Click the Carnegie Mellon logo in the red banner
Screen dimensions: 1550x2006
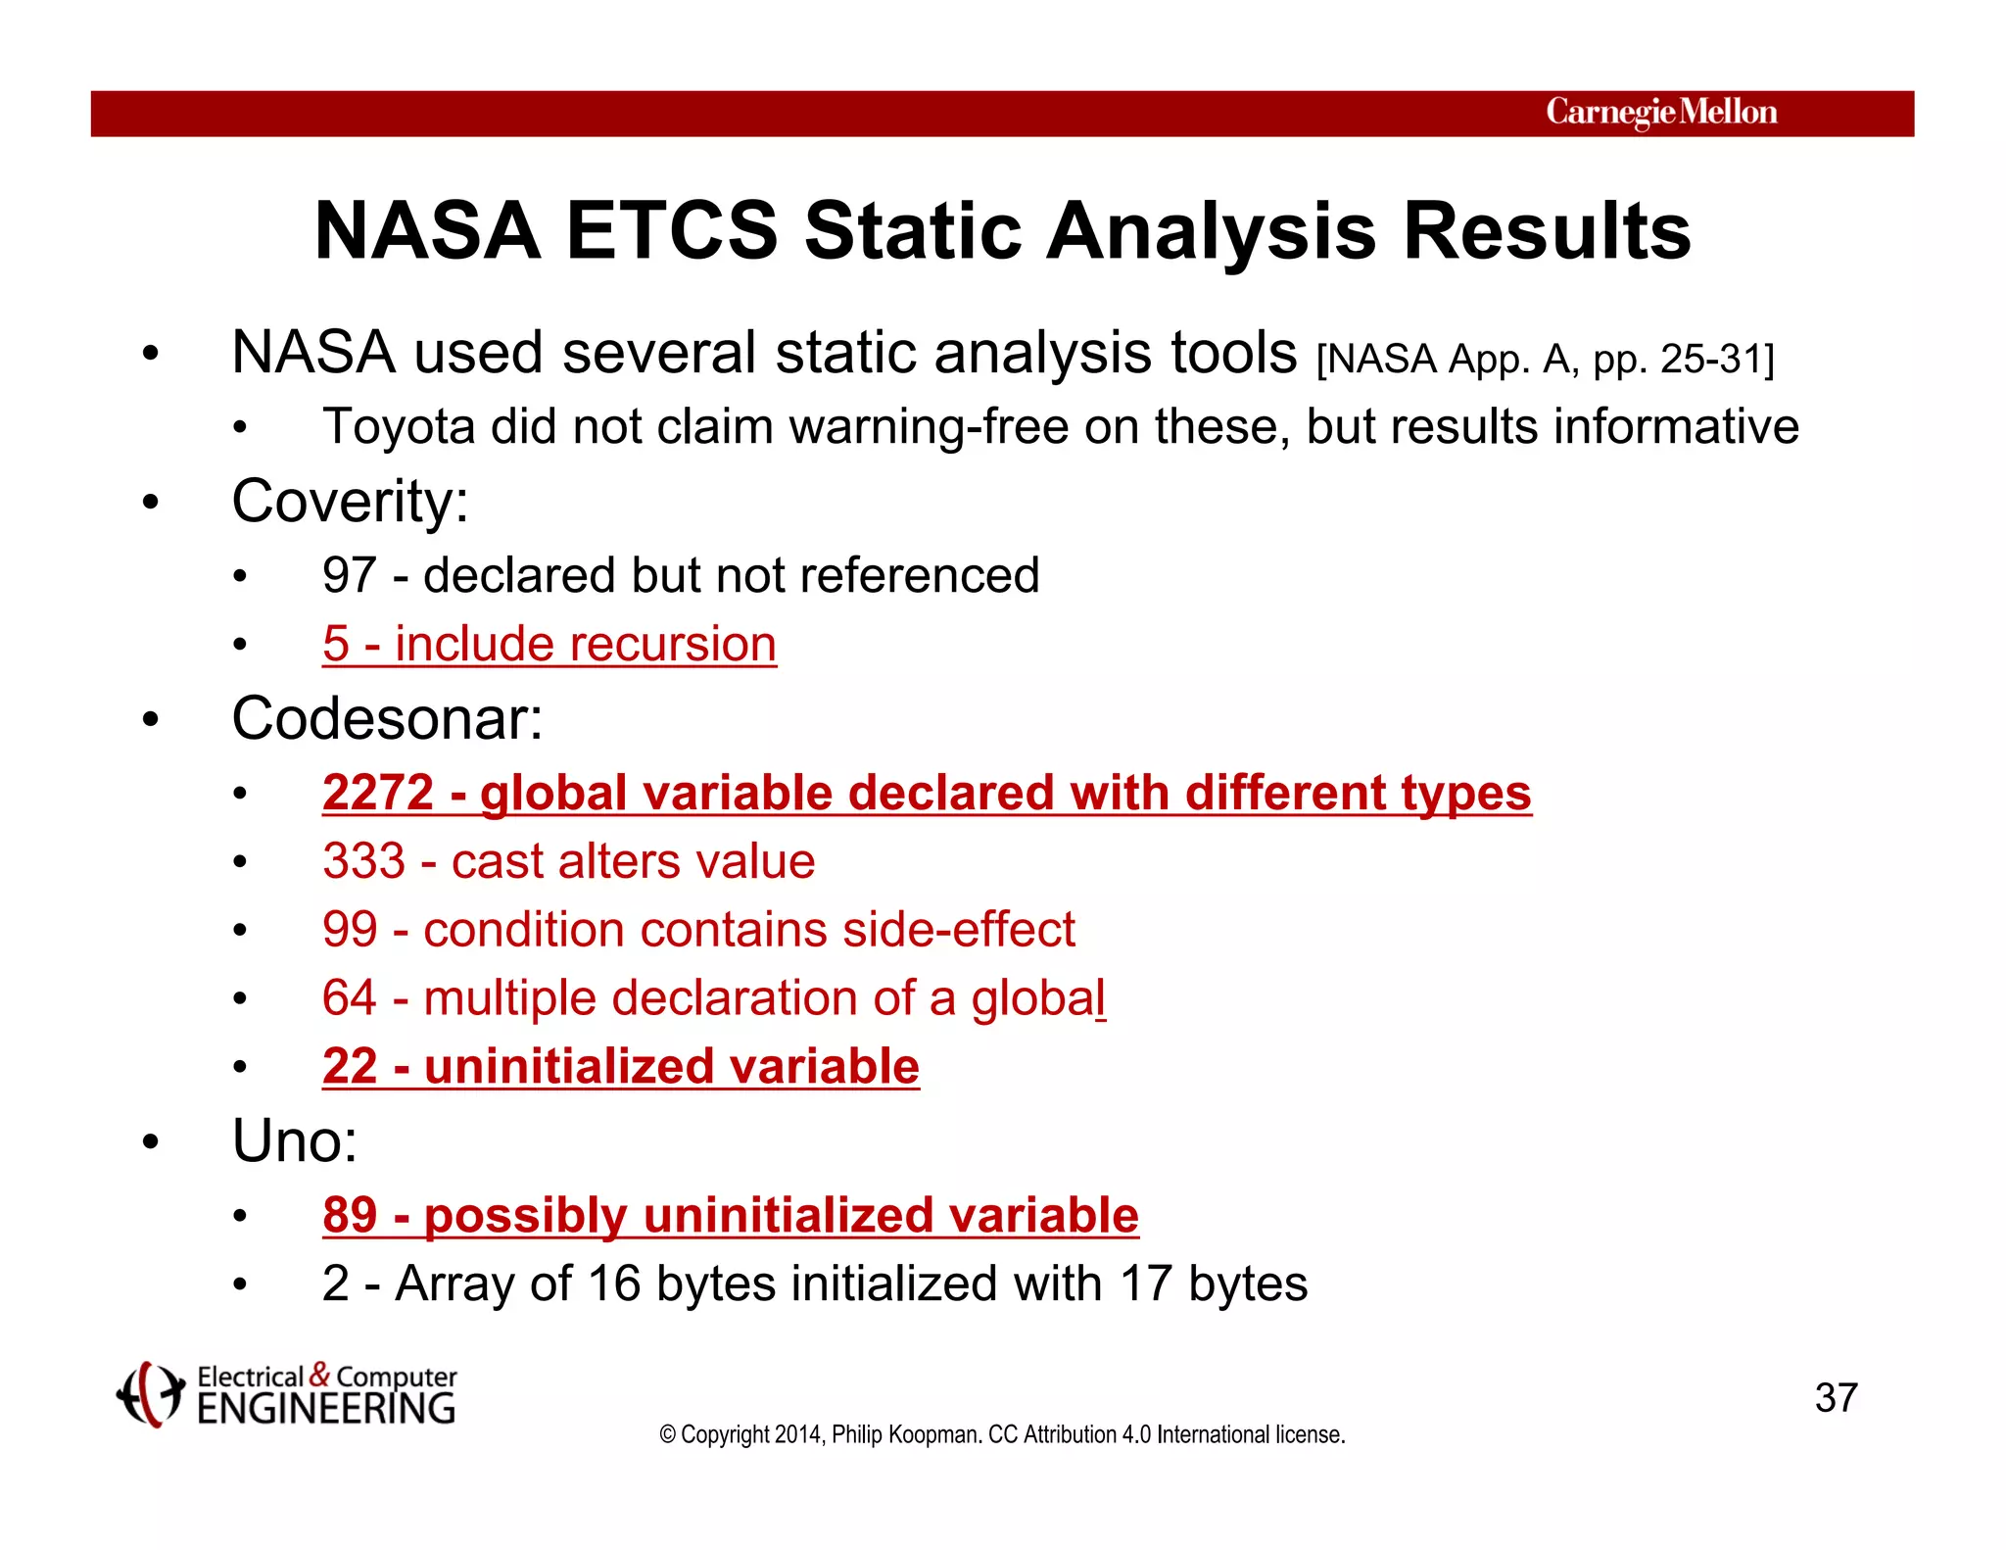(1661, 113)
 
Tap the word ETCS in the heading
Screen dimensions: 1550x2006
(672, 231)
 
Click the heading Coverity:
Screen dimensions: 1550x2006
(350, 502)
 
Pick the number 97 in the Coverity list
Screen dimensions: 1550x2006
(349, 575)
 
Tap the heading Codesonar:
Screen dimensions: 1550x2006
(387, 719)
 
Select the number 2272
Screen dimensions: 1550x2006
(378, 793)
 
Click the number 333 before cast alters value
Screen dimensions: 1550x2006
(363, 861)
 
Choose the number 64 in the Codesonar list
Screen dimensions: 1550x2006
(349, 998)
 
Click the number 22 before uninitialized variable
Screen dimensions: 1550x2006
(349, 1067)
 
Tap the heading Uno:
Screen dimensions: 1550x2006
(295, 1141)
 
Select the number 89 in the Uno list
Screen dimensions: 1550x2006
(349, 1216)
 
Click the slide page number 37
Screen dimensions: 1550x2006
(1836, 1398)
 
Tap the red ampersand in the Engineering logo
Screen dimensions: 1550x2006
(319, 1375)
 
